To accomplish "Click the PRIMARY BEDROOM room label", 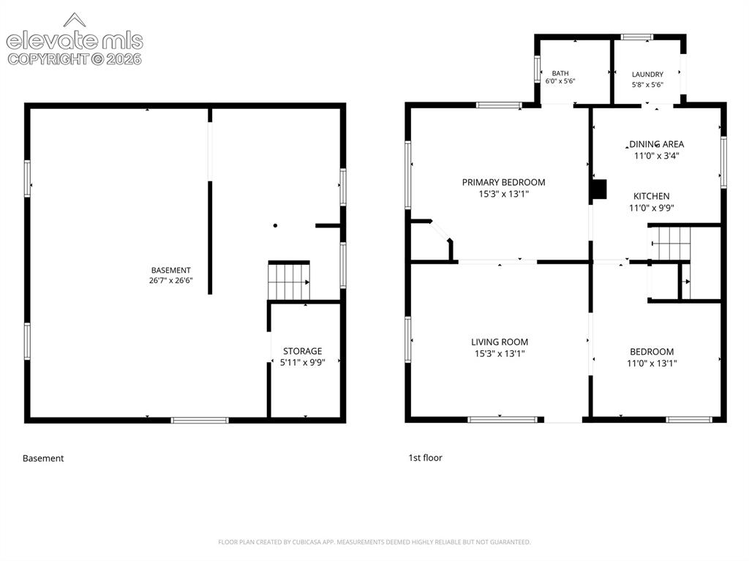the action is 503,182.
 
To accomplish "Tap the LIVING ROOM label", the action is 500,342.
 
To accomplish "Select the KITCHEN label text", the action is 651,197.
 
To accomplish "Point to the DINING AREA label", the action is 656,144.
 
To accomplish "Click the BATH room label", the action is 560,74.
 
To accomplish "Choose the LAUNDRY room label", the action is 647,75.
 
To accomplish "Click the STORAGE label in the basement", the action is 302,351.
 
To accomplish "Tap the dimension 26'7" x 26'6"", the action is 170,281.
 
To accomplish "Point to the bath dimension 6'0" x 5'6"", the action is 560,81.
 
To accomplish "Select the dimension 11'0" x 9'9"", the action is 651,208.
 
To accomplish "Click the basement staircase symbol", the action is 289,282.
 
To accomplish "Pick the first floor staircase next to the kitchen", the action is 671,244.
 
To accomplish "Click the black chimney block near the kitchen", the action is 599,189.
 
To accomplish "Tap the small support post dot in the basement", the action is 275,225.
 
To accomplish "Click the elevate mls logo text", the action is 75,41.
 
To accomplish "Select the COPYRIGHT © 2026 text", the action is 75,59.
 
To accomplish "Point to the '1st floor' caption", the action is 425,458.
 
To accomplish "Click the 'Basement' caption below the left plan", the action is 43,459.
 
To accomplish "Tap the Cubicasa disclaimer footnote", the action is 374,542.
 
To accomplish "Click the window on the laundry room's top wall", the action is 637,37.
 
